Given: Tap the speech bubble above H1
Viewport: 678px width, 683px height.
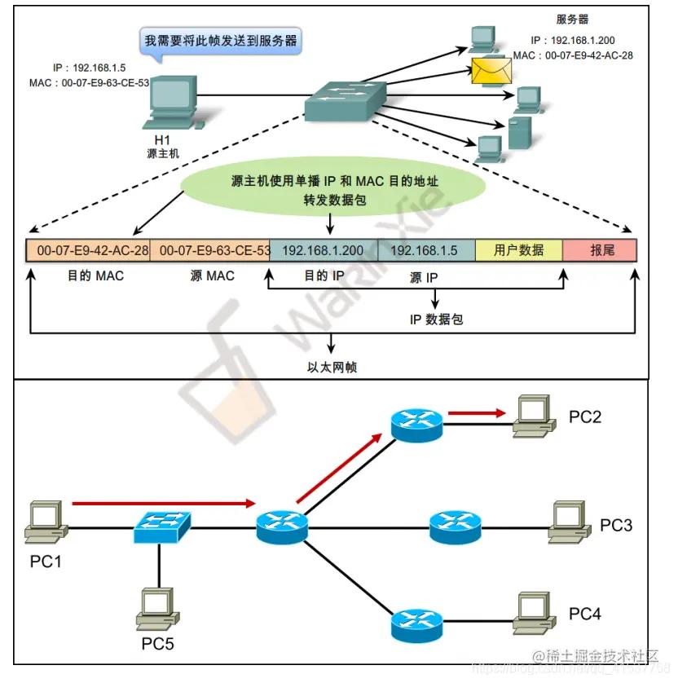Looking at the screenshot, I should pyautogui.click(x=221, y=40).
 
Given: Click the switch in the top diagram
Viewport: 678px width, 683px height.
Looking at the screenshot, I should pyautogui.click(x=342, y=101).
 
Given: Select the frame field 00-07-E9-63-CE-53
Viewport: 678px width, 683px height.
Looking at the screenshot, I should pyautogui.click(x=209, y=250).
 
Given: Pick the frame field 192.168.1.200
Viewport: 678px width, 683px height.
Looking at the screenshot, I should pyautogui.click(x=324, y=250).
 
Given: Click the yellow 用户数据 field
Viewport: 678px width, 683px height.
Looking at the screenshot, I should pyautogui.click(x=518, y=250).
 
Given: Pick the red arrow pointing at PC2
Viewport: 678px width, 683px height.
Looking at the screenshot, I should pyautogui.click(x=477, y=413).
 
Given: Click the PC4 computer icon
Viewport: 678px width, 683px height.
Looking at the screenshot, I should pyautogui.click(x=535, y=613).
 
